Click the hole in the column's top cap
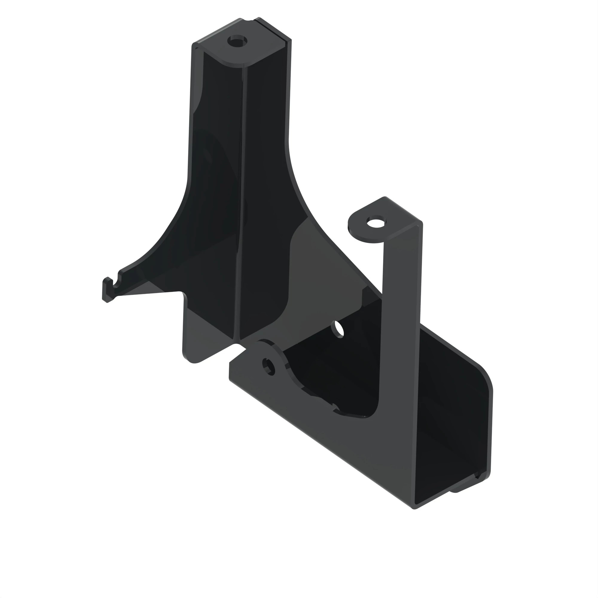tap(237, 41)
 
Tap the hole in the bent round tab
tap(376, 222)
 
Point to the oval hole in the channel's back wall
tap(337, 329)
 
